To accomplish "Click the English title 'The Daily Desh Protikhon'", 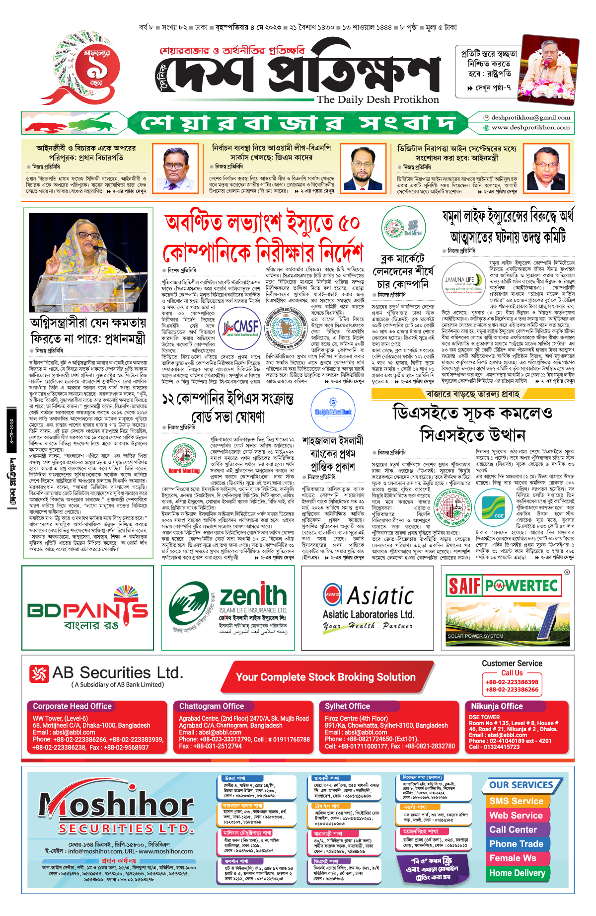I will (x=378, y=99).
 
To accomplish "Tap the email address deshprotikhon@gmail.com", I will (x=530, y=118).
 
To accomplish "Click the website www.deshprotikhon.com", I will (x=530, y=128).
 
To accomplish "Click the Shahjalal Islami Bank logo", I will (x=333, y=411).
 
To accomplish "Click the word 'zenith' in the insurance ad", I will (x=253, y=595).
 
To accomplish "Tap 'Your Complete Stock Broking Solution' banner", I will (x=326, y=677).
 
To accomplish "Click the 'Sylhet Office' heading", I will (x=347, y=706).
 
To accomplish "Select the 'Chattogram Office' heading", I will (x=212, y=706).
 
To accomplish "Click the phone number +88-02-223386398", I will (x=512, y=682).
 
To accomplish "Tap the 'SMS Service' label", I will (x=516, y=801).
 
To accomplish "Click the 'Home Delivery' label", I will (x=517, y=873).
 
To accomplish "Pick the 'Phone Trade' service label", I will (x=516, y=844).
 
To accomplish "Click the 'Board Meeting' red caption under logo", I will (x=184, y=470).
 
